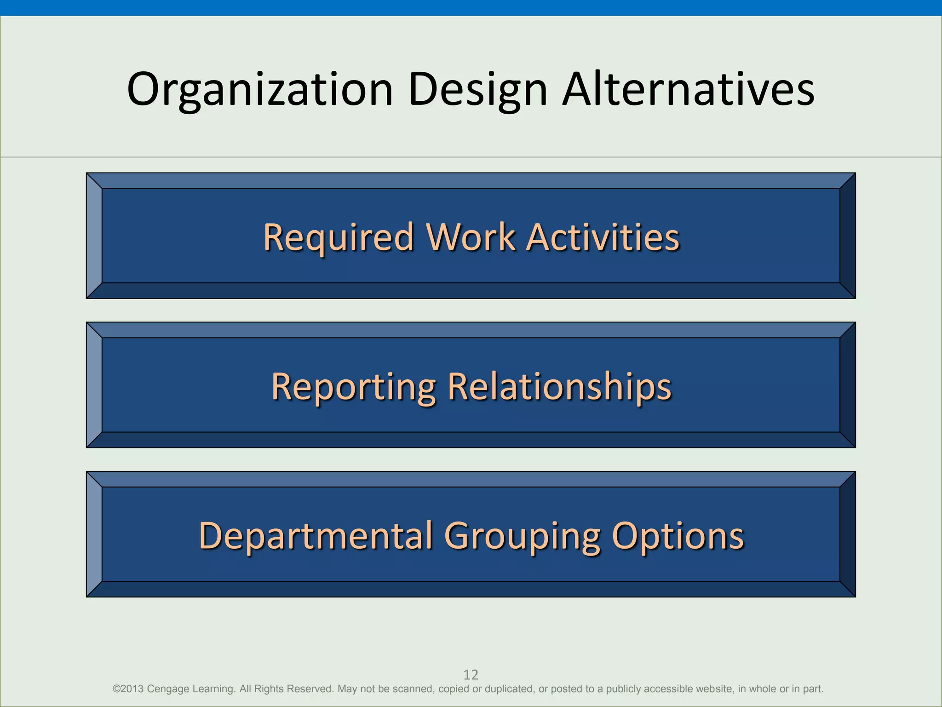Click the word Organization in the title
(x=260, y=90)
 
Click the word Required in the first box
(x=339, y=238)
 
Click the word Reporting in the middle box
(x=353, y=387)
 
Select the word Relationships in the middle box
(x=559, y=387)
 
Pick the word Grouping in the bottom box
(x=522, y=536)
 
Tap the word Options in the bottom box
(x=678, y=536)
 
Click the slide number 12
(x=471, y=675)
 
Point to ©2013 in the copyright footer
(x=128, y=689)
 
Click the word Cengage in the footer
(x=168, y=689)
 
